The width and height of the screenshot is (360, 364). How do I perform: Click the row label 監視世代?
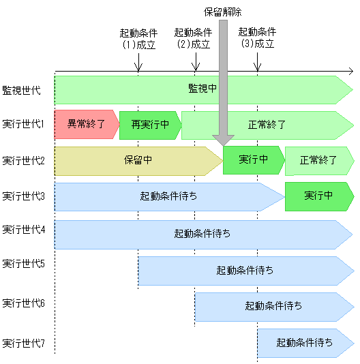[x=22, y=89]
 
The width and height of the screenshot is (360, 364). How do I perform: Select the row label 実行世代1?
[x=23, y=125]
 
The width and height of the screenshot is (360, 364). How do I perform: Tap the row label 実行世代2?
[x=23, y=161]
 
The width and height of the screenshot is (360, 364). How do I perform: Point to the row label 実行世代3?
[x=23, y=196]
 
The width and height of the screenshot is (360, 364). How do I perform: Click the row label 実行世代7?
[x=23, y=342]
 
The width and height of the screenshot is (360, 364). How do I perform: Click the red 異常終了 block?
[x=85, y=125]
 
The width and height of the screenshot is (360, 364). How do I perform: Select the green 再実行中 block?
[x=149, y=125]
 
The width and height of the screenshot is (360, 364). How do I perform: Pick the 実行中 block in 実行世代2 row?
[x=253, y=160]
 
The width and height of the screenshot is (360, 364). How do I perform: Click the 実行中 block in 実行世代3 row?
[x=318, y=196]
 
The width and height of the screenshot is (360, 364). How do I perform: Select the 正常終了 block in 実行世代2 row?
[x=318, y=161]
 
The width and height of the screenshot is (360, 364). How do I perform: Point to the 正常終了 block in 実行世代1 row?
[x=267, y=125]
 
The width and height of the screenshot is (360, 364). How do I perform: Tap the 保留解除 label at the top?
[x=223, y=12]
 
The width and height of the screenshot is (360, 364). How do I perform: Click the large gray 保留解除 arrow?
[x=223, y=82]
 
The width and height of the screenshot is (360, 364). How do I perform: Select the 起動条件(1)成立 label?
[x=138, y=38]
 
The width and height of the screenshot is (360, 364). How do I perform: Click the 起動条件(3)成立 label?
[x=257, y=38]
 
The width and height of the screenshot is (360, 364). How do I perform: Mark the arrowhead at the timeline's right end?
[x=350, y=71]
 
